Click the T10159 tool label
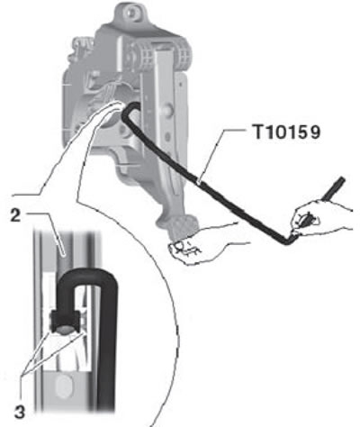pos(287,132)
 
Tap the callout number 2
pos(16,215)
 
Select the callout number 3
pos(20,412)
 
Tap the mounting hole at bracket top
pos(130,13)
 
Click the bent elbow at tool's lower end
pos(289,241)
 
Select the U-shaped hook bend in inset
pos(87,277)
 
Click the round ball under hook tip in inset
pos(66,331)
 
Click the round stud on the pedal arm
pos(168,109)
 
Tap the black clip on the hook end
pos(66,321)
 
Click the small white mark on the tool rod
pos(199,181)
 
